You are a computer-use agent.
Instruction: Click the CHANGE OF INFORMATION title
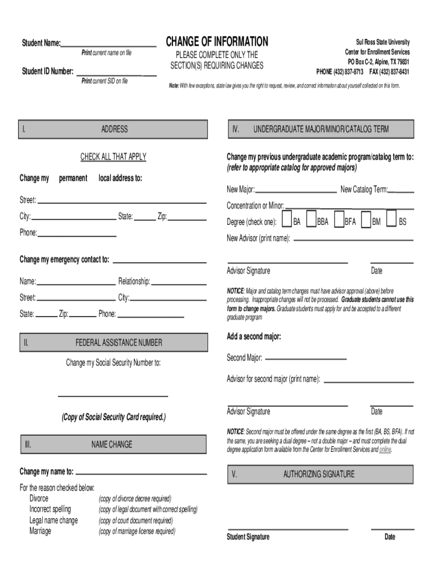click(217, 42)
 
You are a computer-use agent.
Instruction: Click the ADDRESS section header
click(114, 130)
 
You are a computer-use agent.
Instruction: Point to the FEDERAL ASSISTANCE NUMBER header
click(118, 343)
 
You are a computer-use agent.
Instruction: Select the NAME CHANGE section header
click(112, 445)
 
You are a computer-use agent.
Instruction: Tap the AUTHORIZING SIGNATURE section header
click(319, 474)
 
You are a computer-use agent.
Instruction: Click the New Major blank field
click(296, 192)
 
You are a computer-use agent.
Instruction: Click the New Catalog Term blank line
click(401, 192)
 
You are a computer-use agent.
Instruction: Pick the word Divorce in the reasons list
click(39, 499)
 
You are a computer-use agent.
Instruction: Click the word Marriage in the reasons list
click(40, 531)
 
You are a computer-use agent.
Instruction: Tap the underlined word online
click(385, 450)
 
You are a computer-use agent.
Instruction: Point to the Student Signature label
click(248, 537)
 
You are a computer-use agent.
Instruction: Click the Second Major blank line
click(305, 359)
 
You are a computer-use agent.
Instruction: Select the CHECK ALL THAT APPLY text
click(113, 157)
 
